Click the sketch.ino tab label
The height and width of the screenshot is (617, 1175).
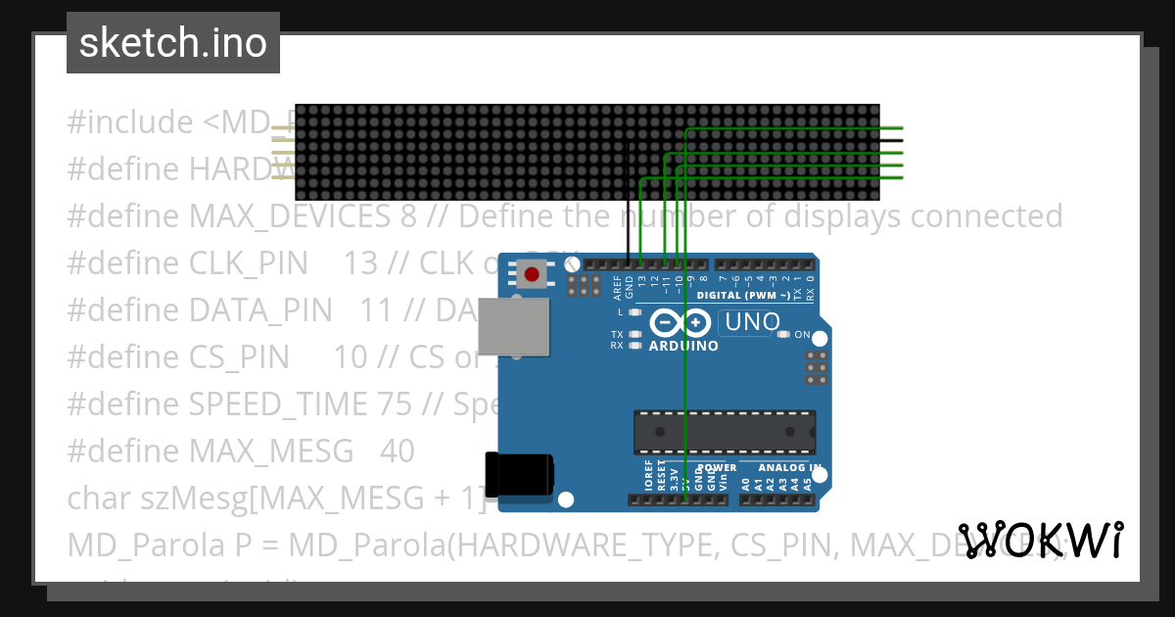(173, 43)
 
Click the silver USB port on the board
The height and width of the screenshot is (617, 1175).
(514, 326)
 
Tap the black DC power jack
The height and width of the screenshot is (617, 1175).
(519, 474)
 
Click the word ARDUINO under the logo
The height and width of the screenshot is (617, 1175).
(683, 346)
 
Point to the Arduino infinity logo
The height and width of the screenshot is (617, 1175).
(681, 322)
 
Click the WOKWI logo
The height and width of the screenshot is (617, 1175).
(1041, 541)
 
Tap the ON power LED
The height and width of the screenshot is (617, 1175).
(782, 335)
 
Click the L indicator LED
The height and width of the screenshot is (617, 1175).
(635, 312)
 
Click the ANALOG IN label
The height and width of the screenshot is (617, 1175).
(783, 468)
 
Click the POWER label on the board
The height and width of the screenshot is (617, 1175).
(717, 468)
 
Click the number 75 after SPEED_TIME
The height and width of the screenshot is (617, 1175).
(394, 403)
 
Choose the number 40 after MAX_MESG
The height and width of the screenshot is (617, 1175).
(397, 451)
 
